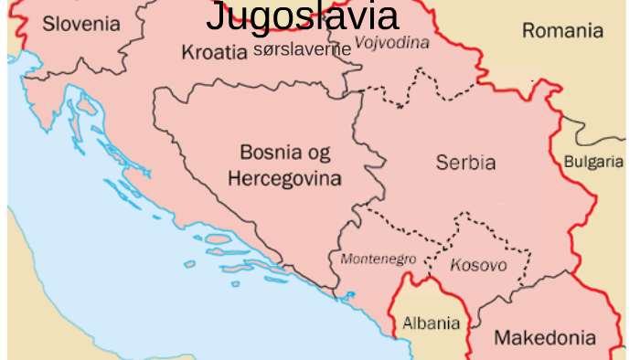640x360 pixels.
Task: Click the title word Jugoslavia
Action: tap(302, 16)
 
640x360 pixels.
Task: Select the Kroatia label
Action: tap(214, 52)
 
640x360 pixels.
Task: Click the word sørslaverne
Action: tap(302, 49)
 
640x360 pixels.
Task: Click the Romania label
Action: tap(562, 31)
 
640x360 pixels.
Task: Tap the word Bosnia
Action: tap(272, 152)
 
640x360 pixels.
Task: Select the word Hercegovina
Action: tap(284, 177)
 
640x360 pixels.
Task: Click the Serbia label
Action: tap(465, 164)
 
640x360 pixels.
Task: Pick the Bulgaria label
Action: tap(594, 162)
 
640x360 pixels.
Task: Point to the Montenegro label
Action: tap(378, 259)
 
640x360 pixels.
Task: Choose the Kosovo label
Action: tap(478, 265)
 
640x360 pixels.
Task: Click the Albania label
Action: tap(431, 323)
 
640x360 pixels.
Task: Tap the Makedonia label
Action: tap(544, 338)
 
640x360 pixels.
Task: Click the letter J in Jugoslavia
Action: tap(215, 16)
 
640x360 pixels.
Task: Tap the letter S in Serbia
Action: tap(442, 164)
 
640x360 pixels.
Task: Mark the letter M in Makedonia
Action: tap(502, 338)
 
